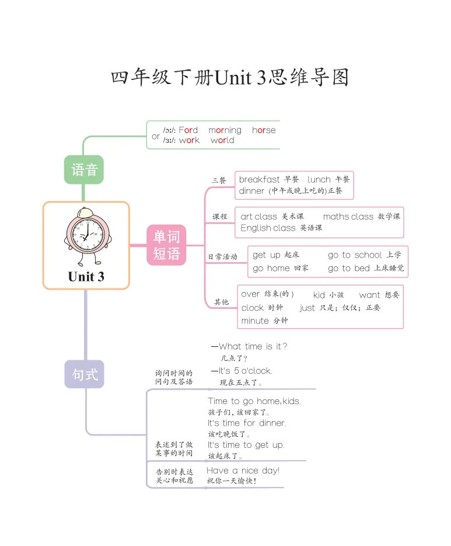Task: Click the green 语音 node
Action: (84, 169)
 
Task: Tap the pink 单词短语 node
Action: (166, 245)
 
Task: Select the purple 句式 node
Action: (84, 374)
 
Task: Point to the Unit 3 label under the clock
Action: (86, 277)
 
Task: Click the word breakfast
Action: (259, 179)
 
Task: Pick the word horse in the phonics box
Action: (264, 130)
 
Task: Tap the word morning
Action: (225, 130)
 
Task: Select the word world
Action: (222, 140)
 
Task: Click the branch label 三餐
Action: (219, 180)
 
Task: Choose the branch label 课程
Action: (219, 217)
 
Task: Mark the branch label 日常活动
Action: (222, 256)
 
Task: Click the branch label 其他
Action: (221, 302)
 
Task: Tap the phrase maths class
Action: (348, 217)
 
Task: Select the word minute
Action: (255, 321)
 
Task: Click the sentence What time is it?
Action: (253, 346)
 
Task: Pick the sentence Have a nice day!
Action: (243, 471)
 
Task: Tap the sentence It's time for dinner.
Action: (247, 423)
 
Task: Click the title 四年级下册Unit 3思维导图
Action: (230, 78)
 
